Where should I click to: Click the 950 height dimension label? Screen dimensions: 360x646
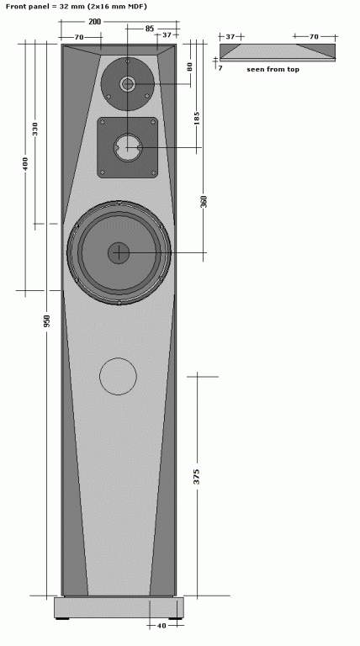pos(46,321)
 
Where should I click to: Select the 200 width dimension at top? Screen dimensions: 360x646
pos(95,21)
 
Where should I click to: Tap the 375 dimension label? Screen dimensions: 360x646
pos(197,476)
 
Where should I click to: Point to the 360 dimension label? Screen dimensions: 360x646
pos(204,202)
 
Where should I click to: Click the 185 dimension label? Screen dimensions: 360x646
pos(197,119)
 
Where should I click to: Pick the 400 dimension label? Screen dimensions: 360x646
pos(25,163)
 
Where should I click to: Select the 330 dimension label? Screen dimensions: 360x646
pos(35,129)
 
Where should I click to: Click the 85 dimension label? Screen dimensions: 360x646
pos(150,29)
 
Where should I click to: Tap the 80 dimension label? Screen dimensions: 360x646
pos(190,66)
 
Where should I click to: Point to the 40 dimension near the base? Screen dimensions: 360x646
pos(161,626)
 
